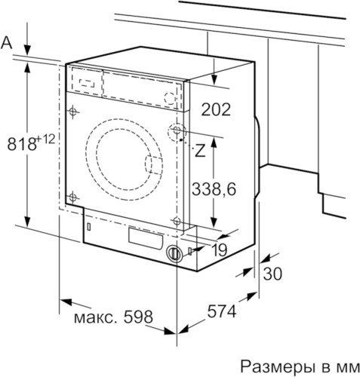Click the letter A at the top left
point(8,43)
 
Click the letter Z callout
point(200,150)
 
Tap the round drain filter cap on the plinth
point(174,254)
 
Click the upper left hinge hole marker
point(73,112)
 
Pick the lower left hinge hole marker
point(73,198)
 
